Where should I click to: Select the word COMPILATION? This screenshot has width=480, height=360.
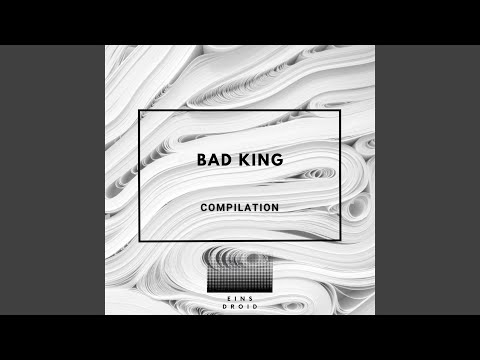tap(240, 207)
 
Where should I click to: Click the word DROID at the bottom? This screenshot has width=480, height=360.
tap(240, 307)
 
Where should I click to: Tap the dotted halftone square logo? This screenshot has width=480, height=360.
tap(240, 270)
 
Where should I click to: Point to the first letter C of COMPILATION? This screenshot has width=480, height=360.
tap(204, 207)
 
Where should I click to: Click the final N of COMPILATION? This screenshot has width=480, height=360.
tap(275, 207)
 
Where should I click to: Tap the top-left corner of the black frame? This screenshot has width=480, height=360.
tap(139, 111)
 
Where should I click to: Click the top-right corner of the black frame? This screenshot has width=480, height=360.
tap(340, 111)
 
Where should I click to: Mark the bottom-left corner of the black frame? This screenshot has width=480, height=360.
tap(139, 240)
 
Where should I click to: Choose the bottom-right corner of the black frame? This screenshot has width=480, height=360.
tap(340, 240)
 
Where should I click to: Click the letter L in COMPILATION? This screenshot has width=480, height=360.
tap(240, 207)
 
